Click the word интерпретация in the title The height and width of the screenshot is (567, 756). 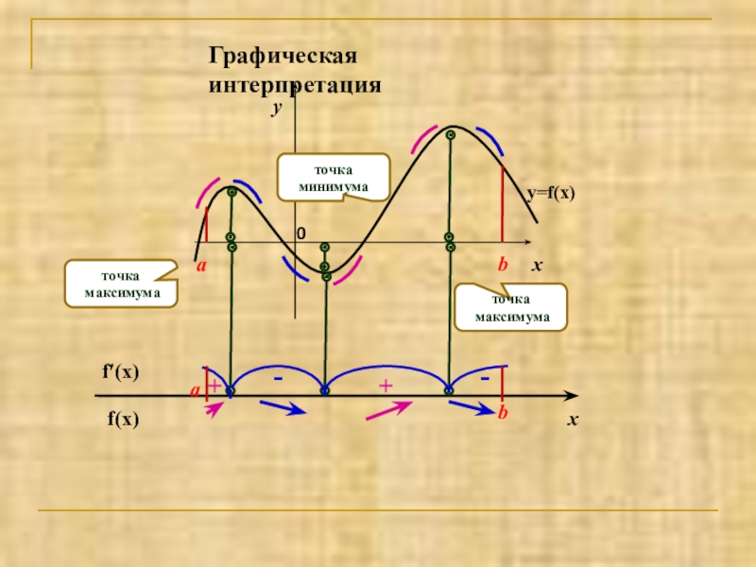294,85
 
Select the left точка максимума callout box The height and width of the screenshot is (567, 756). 121,284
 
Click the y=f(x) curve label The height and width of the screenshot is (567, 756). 551,193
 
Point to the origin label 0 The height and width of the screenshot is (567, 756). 301,233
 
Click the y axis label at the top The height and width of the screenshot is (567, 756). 278,110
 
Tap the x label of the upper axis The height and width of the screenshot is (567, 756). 536,266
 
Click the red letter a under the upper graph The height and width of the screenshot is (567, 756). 201,268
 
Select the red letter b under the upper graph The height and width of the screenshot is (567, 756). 504,267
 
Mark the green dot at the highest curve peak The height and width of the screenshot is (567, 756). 451,135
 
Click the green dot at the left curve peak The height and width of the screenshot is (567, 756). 232,192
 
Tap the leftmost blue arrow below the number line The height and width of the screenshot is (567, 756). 282,407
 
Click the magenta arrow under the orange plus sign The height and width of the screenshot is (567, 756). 388,407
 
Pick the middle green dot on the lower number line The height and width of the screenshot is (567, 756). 324,390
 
